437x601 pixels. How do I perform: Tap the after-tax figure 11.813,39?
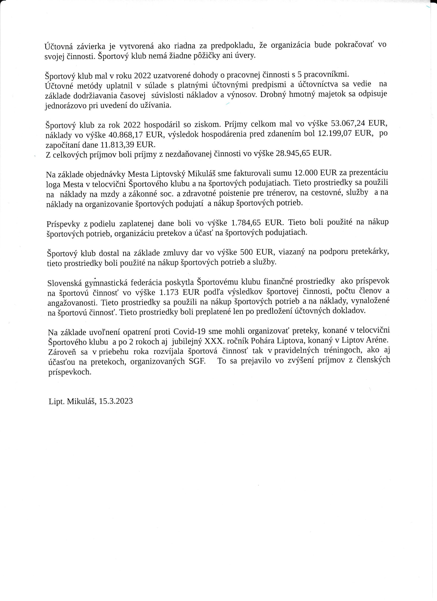tap(118, 145)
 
